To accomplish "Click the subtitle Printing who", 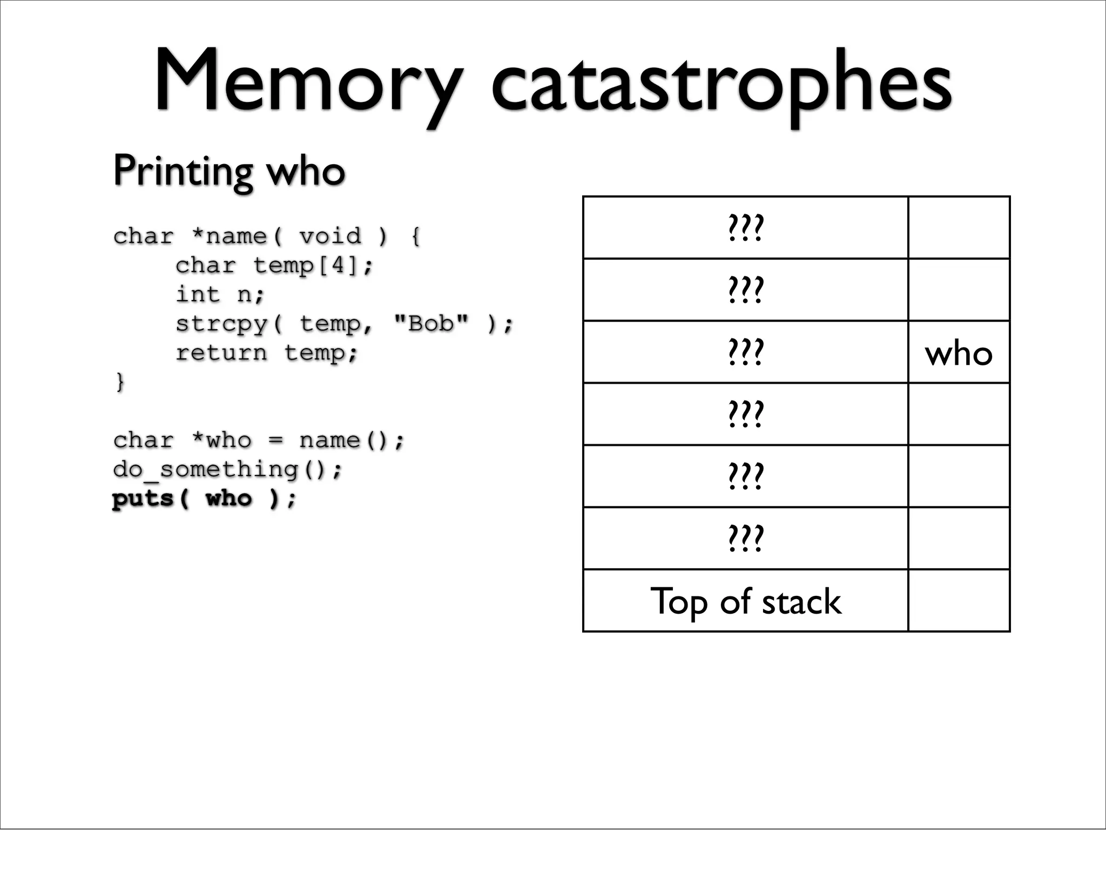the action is pos(229,171).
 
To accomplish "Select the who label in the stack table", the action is pos(959,354).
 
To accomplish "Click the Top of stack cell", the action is pos(745,601).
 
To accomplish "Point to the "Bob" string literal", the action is pos(431,323).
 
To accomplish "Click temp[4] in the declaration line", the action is pos(306,265).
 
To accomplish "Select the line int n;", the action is pos(220,294).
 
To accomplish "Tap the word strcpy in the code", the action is pos(222,324).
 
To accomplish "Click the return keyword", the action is pos(221,353).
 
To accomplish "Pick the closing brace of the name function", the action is pos(119,382).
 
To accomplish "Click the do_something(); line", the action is pos(227,469).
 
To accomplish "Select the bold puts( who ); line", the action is pos(204,498).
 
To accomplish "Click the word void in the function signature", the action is pos(330,236).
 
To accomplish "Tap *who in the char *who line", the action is pos(222,440).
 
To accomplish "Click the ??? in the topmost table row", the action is pos(745,228).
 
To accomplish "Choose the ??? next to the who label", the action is pos(745,352).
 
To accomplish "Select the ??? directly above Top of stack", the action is pos(745,538).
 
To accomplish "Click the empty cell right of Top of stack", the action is pos(959,601).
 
